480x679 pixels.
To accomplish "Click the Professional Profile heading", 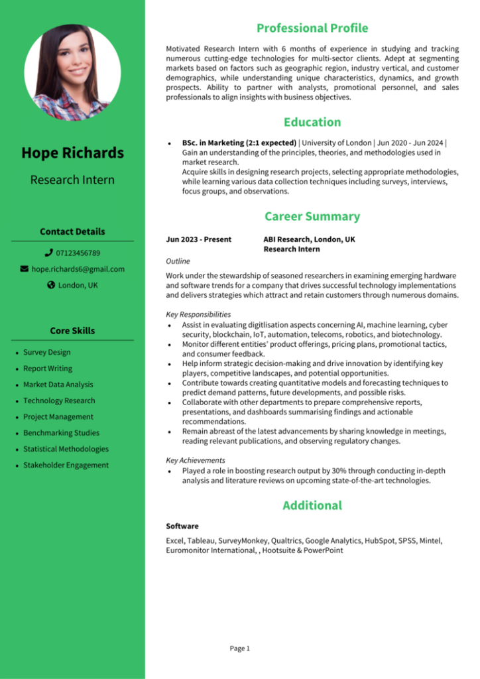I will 312,28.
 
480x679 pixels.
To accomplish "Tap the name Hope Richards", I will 72,153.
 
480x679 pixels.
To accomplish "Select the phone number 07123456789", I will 78,253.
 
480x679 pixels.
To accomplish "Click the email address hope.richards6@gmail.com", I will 78,269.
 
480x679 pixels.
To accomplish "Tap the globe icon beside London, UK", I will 51,285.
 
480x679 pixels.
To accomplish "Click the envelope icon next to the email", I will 25,269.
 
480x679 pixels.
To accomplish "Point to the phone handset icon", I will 48,253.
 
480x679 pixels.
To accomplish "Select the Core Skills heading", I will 72,330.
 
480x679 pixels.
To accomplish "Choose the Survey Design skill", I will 46,352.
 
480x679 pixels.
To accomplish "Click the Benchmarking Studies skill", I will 61,433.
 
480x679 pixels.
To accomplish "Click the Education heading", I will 312,122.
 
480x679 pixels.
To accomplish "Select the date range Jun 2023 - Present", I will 198,239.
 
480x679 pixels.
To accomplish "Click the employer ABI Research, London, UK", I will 309,239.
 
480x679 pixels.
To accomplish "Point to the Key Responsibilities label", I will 198,314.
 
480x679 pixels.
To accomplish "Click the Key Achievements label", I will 196,460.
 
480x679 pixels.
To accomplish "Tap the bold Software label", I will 182,526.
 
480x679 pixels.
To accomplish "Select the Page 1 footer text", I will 239,648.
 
